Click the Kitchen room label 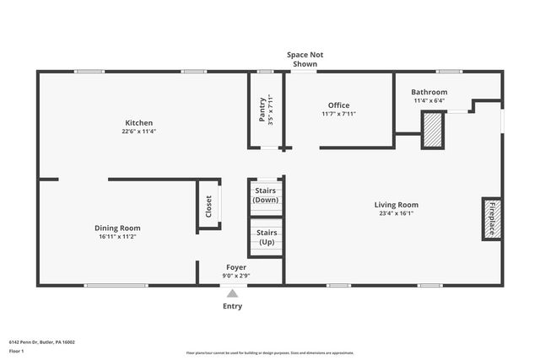[138, 123]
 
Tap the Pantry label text [262, 110]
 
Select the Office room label [339, 105]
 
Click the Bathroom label [429, 92]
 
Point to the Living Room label [396, 205]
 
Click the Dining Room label [117, 228]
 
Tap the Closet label [209, 207]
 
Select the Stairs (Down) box [266, 196]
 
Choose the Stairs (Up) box [266, 237]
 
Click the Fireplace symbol [491, 219]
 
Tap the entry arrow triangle [232, 293]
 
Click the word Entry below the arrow [232, 306]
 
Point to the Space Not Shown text [305, 59]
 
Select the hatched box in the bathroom [433, 131]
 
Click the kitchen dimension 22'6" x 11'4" [138, 132]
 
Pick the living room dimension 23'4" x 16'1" [396, 213]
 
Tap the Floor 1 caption [16, 350]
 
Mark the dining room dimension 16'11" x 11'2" [117, 236]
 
